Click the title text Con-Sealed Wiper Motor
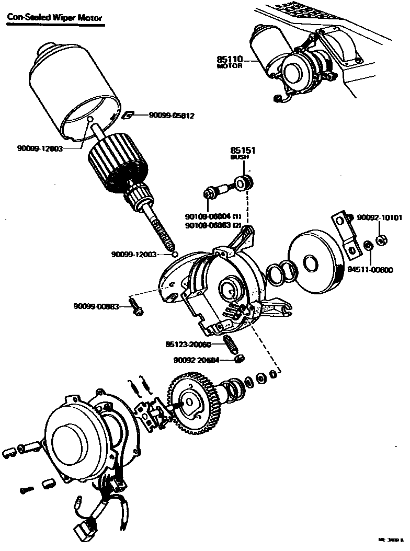(x=55, y=17)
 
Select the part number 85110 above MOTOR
(x=230, y=59)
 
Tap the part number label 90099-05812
(x=172, y=116)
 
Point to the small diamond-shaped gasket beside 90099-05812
(x=126, y=115)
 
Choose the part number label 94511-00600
(x=371, y=270)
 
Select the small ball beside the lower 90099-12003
(x=175, y=255)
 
